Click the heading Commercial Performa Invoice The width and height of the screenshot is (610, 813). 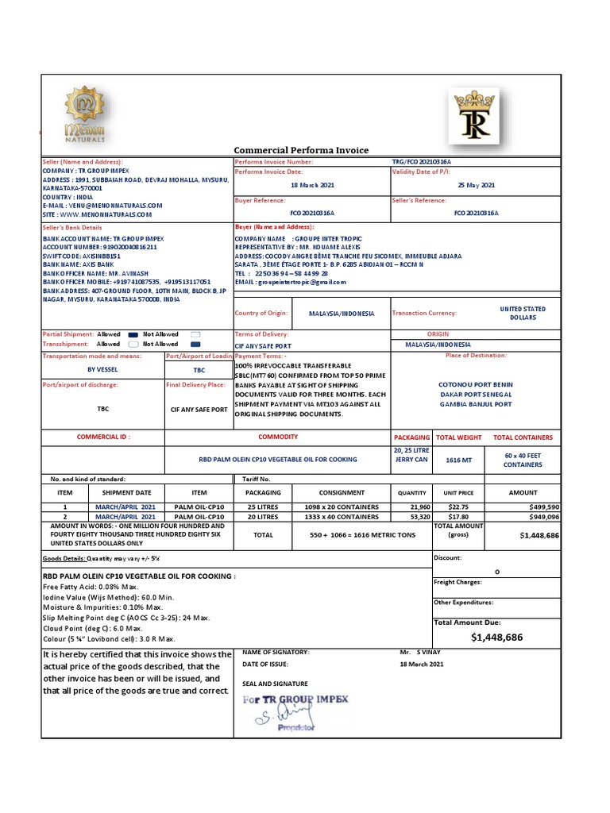tap(301, 151)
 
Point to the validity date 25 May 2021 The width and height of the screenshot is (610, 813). tap(476, 185)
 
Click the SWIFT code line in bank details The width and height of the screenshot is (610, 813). tap(81, 257)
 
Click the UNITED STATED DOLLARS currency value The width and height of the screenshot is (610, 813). tap(523, 313)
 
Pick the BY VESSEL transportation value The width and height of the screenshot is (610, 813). tap(102, 369)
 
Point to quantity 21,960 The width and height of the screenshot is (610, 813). tap(419, 507)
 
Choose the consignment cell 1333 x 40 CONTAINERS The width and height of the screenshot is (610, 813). tap(342, 516)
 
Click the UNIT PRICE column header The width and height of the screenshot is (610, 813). tap(458, 492)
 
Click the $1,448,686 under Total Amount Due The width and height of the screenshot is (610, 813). tap(496, 637)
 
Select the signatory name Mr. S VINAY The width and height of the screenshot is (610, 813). tap(421, 652)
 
